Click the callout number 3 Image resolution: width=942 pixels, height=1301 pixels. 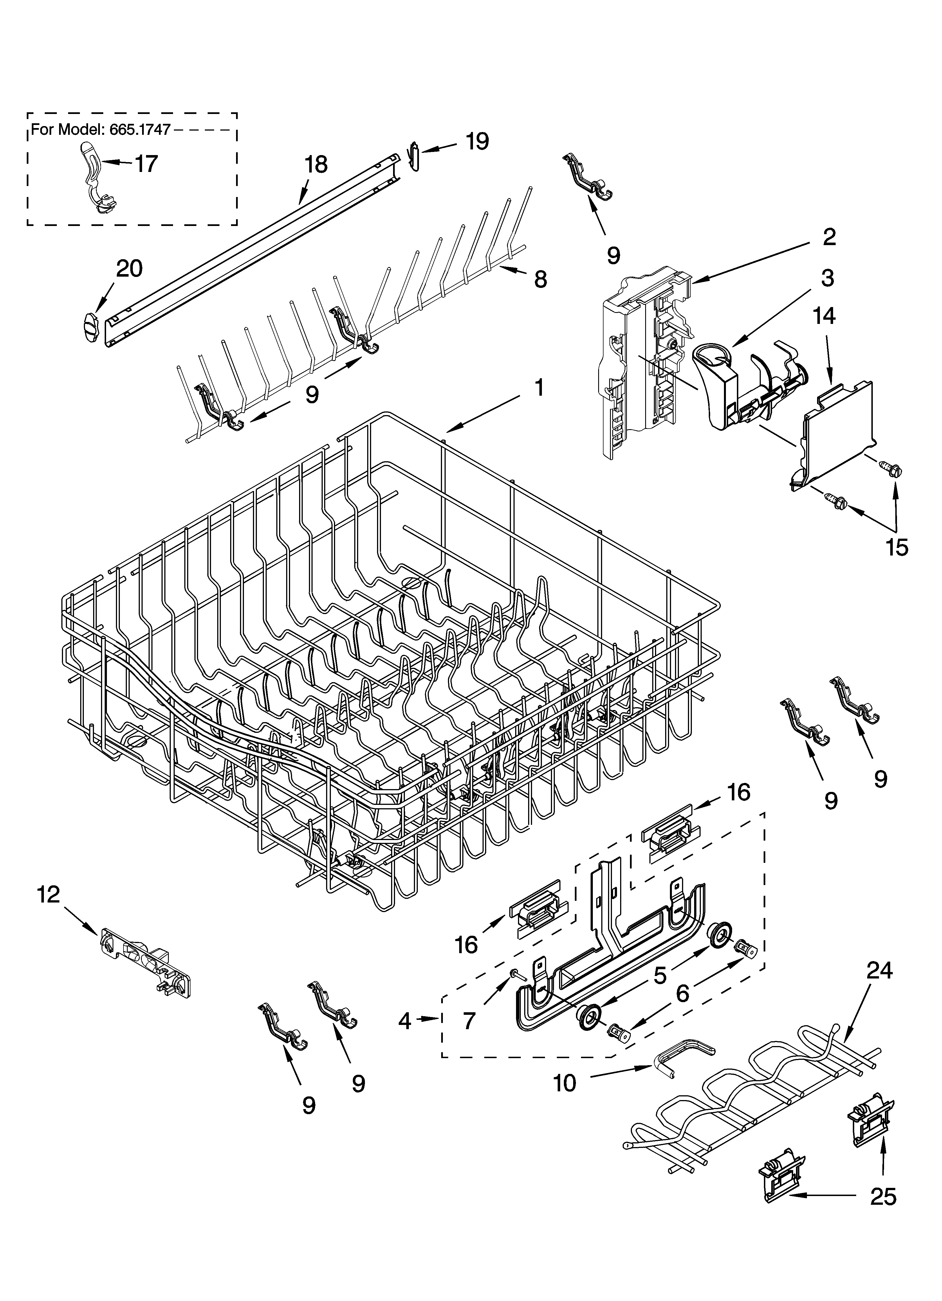pyautogui.click(x=827, y=278)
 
